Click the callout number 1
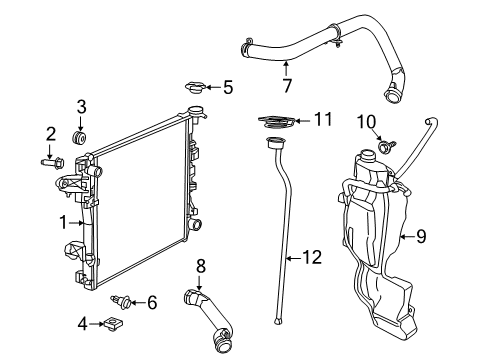coord(62,221)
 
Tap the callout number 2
coord(50,133)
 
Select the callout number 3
coord(82,106)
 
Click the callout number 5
coord(228,88)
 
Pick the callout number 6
coord(152,302)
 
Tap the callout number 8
coord(199,265)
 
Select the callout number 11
coord(322,119)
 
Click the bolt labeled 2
coord(51,158)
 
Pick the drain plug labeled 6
coord(124,299)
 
